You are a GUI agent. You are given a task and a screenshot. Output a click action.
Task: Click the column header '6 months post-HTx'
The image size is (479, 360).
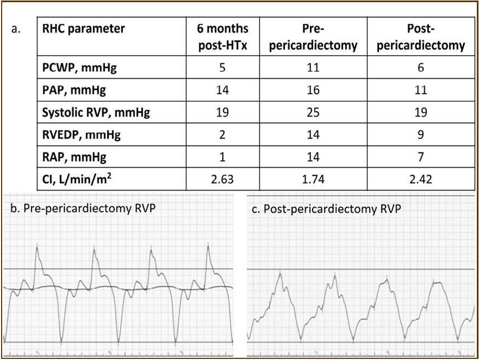coord(222,36)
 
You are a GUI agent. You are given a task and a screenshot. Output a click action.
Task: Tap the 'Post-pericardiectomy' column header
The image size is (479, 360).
coord(421,36)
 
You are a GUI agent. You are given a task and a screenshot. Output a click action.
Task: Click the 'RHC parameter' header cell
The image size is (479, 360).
coord(83,29)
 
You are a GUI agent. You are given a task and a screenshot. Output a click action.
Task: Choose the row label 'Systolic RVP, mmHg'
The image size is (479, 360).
coord(95,112)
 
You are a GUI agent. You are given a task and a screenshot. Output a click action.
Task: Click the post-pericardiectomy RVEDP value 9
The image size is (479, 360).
coord(421,134)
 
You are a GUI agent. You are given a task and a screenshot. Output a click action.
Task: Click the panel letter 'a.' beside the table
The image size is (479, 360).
coord(16,29)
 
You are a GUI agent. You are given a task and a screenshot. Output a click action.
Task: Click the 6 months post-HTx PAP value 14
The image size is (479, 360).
coord(222,91)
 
